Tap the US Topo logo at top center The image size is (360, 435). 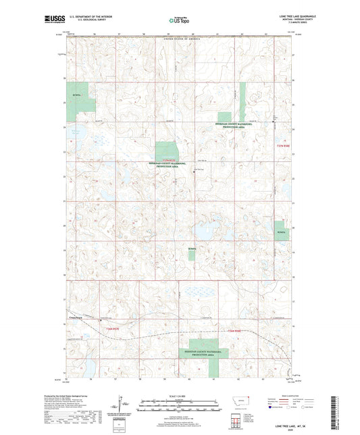tap(180, 21)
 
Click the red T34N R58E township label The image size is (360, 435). tap(234, 330)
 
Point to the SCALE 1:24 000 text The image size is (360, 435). tap(180, 394)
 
